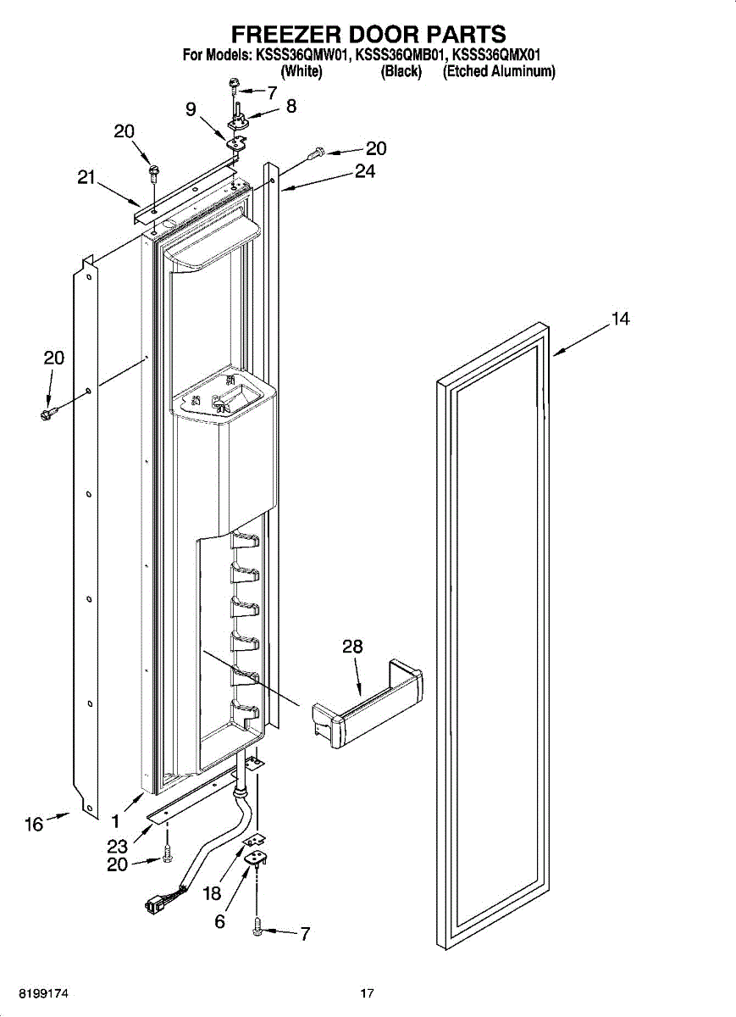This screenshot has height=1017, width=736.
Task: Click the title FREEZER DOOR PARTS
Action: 368,34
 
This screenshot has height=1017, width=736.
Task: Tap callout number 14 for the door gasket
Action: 621,320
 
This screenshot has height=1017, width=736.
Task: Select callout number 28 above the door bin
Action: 352,647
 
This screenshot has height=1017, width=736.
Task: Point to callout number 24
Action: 365,171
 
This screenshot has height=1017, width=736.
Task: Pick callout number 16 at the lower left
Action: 34,824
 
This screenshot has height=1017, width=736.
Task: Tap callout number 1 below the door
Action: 115,821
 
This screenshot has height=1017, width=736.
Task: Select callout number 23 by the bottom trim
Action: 117,846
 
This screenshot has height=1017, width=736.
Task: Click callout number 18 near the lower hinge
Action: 211,892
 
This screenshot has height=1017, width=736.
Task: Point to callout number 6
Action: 219,922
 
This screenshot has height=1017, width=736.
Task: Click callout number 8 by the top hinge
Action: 291,108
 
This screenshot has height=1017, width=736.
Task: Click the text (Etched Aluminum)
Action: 499,72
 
